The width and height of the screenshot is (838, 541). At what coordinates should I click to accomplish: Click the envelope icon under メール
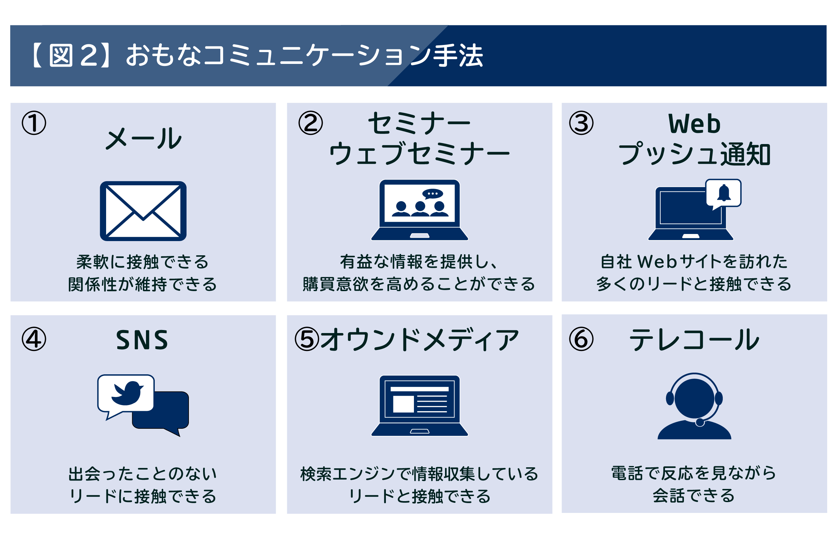coord(143,211)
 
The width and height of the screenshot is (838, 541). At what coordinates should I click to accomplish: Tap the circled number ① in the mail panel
coord(34,123)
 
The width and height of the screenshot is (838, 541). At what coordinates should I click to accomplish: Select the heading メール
coord(144,138)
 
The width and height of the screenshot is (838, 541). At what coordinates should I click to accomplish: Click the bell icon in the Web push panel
coord(723,193)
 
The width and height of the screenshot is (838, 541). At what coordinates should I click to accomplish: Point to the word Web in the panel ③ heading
coord(694,124)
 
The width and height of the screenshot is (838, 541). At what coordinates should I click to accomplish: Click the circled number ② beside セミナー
coord(310,123)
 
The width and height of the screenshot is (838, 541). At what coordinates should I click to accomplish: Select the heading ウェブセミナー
coord(419,154)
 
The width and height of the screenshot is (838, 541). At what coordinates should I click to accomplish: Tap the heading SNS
coord(142,340)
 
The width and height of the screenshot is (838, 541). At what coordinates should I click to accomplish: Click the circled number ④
coord(34,339)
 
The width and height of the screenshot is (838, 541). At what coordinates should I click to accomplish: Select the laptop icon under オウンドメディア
coord(419,406)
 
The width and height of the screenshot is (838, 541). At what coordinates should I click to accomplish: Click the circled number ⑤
coord(307,339)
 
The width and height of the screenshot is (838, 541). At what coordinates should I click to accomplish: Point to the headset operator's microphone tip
coord(700,423)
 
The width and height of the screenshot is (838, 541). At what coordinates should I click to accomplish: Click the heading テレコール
coord(694,340)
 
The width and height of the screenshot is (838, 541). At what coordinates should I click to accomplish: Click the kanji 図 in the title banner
coord(61,55)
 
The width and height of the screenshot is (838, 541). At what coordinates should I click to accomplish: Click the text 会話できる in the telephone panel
coord(694,496)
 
